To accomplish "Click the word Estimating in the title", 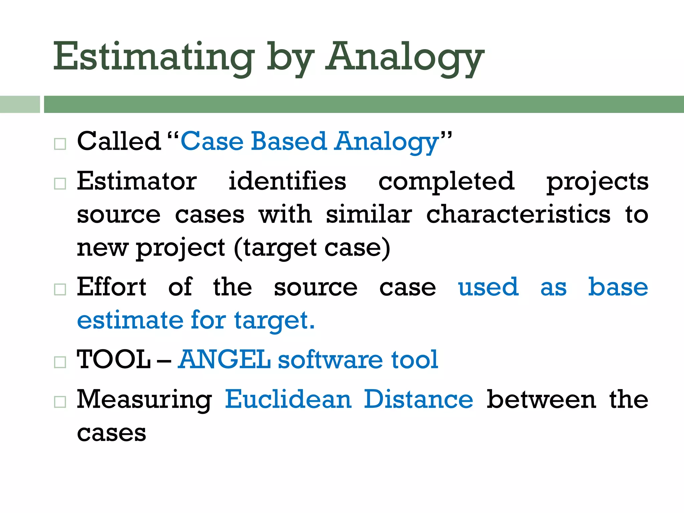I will (154, 57).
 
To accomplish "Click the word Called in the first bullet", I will (119, 141).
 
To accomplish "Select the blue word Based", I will (288, 141).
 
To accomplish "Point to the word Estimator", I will (137, 181).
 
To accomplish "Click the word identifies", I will (287, 181).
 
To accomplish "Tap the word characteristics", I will (518, 214).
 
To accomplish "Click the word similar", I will (369, 214).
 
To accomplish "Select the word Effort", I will (112, 287).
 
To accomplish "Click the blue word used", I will (488, 287).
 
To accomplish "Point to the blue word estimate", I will (130, 320).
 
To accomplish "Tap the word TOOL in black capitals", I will (114, 360).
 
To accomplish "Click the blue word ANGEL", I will (224, 360).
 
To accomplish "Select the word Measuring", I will (144, 400).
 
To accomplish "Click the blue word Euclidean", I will (288, 399).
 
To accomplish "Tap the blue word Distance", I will (418, 399).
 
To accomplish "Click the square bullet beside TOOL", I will (60, 362).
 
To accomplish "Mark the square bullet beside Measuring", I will (60, 402).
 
